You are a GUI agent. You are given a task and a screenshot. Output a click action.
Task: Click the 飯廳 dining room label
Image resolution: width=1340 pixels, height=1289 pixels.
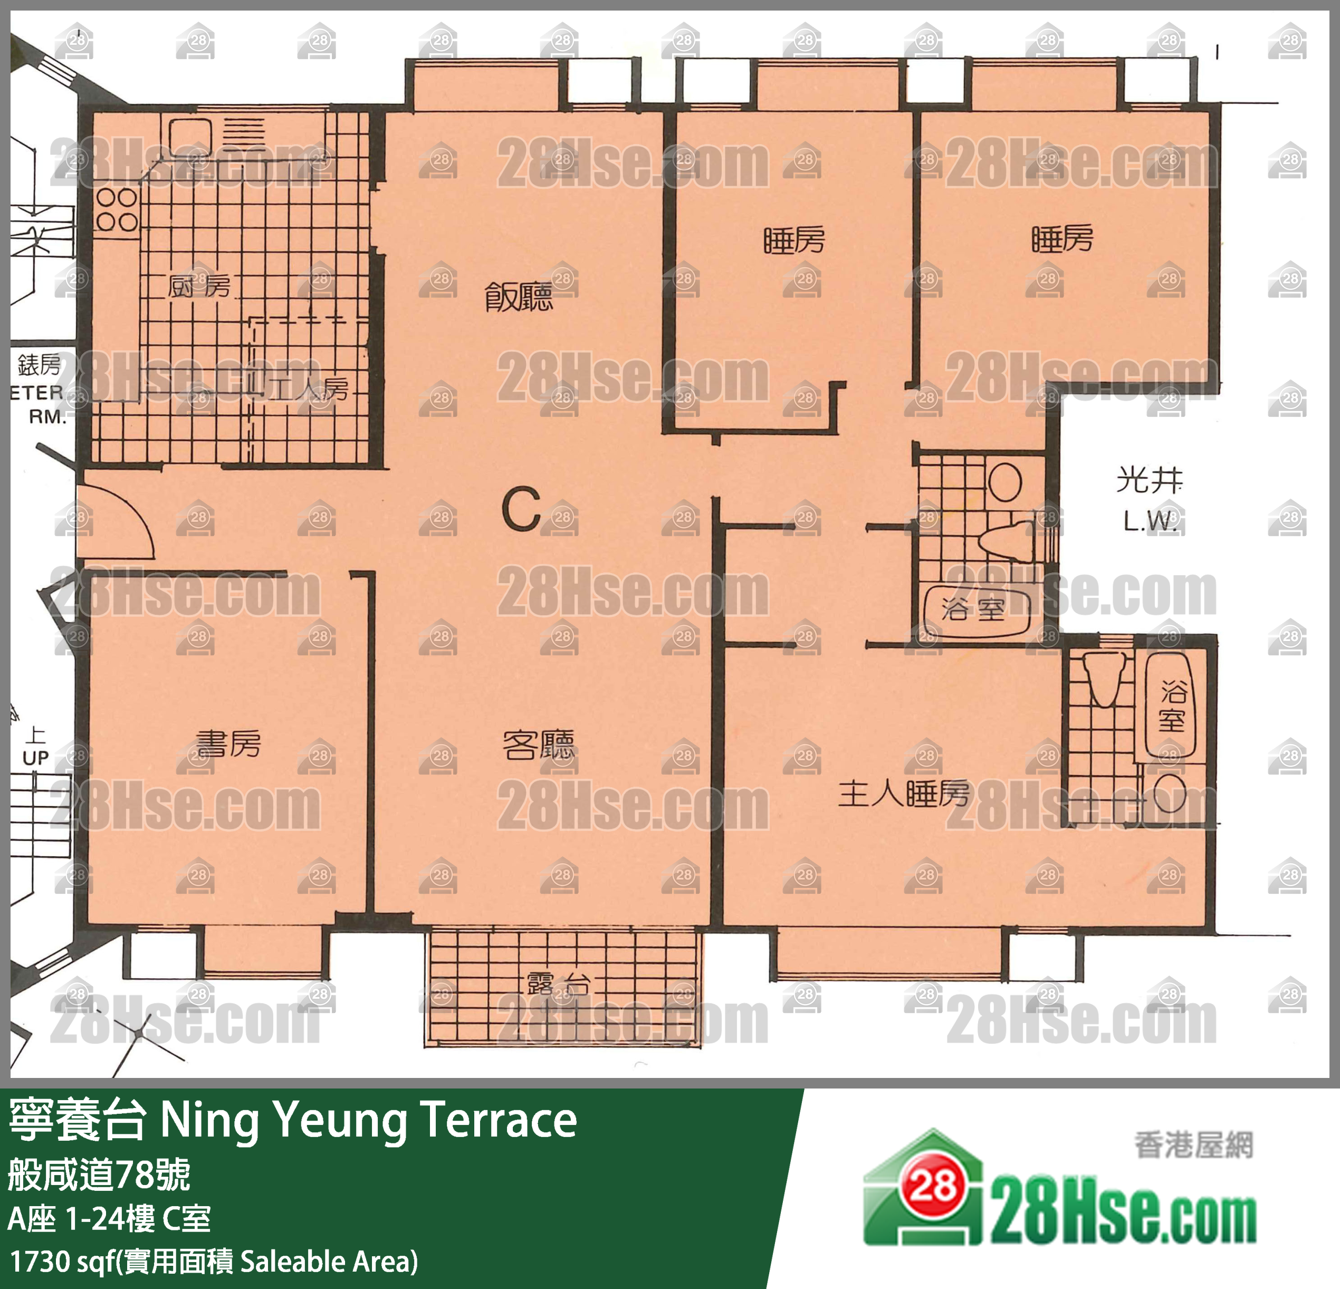pyautogui.click(x=518, y=298)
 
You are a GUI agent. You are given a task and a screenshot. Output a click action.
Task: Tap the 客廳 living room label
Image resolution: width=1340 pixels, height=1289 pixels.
pyautogui.click(x=538, y=746)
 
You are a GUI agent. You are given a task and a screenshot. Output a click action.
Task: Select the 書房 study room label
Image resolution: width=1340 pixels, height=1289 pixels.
pyautogui.click(x=228, y=743)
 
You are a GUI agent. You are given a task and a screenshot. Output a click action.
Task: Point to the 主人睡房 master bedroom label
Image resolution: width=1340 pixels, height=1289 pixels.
pyautogui.click(x=903, y=793)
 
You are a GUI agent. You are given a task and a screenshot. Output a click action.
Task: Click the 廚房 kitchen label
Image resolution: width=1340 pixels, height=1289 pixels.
pyautogui.click(x=199, y=287)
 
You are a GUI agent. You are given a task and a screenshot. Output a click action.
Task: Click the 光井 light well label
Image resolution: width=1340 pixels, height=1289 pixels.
pyautogui.click(x=1148, y=480)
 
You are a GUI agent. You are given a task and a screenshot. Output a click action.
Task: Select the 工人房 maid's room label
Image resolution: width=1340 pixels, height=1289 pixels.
pyautogui.click(x=311, y=390)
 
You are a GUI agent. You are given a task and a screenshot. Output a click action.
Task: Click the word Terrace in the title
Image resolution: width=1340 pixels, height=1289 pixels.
pyautogui.click(x=499, y=1121)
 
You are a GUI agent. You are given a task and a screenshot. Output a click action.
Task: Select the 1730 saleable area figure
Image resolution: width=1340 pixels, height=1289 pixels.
pyautogui.click(x=39, y=1262)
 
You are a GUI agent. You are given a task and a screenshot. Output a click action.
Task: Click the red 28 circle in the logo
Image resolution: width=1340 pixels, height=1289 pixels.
pyautogui.click(x=933, y=1187)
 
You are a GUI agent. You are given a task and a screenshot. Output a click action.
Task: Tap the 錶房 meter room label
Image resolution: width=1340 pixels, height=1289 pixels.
pyautogui.click(x=39, y=365)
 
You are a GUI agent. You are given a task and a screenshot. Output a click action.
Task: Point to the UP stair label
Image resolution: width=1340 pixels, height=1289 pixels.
pyautogui.click(x=35, y=758)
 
